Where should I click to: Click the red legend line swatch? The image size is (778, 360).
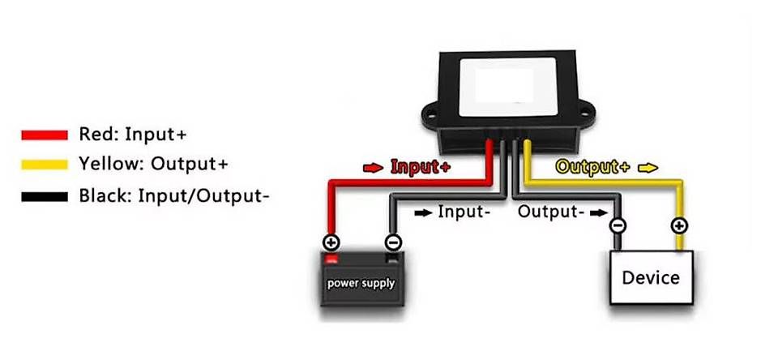point(44,135)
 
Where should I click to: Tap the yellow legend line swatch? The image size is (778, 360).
point(44,165)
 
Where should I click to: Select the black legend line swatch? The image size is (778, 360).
point(44,195)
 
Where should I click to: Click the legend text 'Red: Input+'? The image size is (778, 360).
point(138,135)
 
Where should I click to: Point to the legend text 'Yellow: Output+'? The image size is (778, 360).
point(153,165)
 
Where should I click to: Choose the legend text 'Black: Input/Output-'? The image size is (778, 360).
point(173,195)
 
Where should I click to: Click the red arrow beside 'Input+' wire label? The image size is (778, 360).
point(374,168)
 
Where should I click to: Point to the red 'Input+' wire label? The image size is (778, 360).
point(421,168)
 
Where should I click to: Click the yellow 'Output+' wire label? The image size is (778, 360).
point(592,168)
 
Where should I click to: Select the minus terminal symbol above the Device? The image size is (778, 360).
point(618,226)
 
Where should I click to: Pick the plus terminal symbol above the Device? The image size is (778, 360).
point(679,226)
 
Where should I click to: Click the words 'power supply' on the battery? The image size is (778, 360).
point(361,283)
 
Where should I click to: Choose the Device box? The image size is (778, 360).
point(651,278)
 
